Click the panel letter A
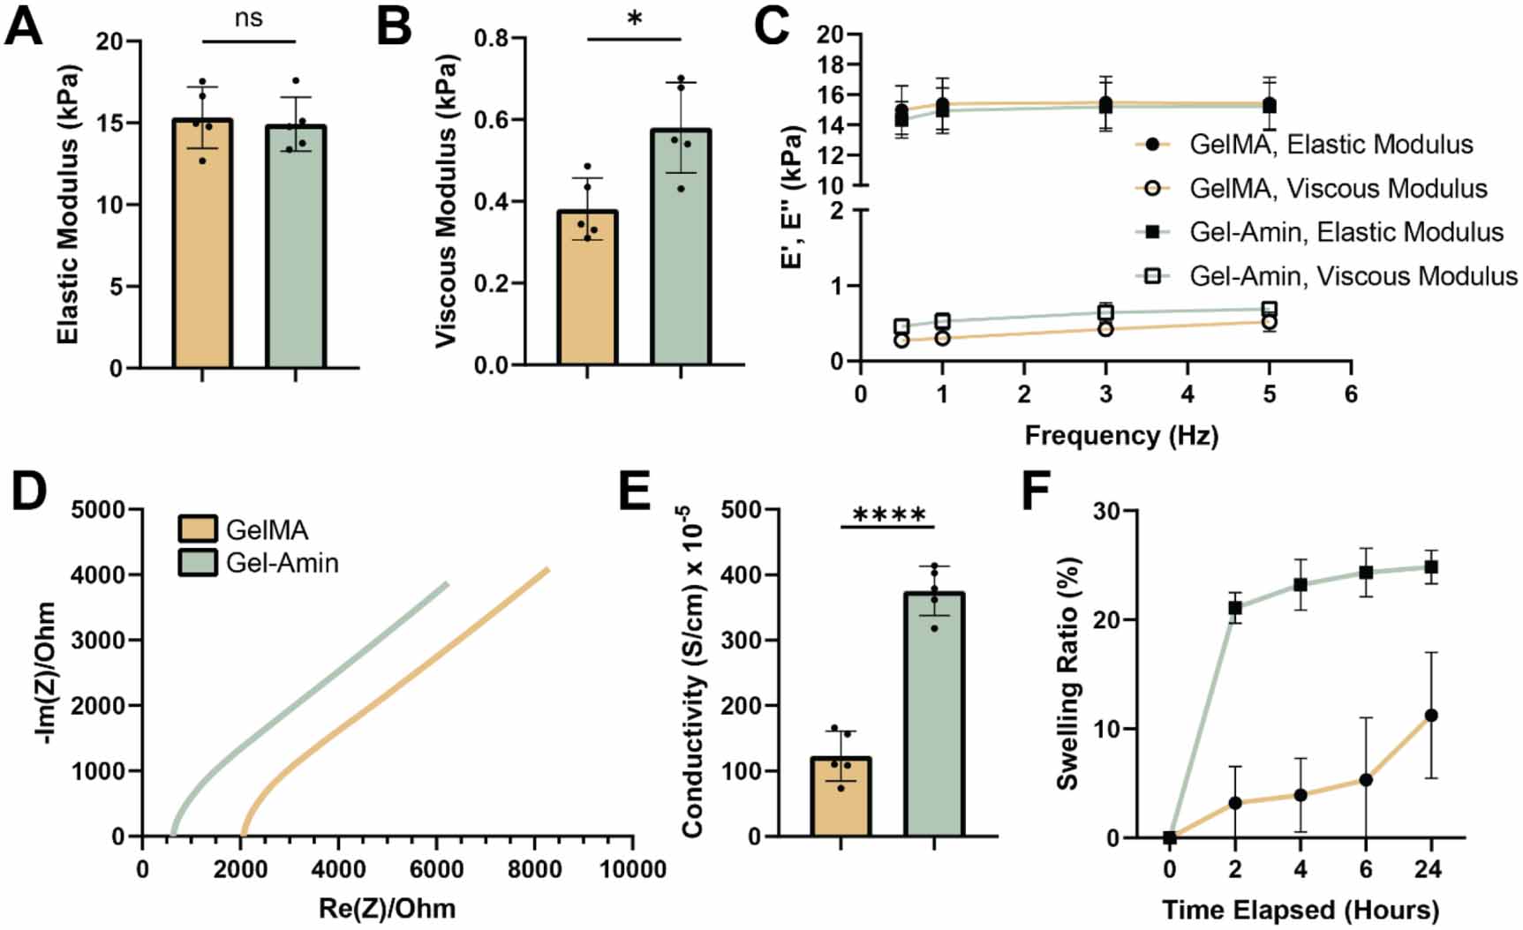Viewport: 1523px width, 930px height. click(24, 26)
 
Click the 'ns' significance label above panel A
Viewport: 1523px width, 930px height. click(249, 18)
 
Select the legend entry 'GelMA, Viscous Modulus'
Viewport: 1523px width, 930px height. click(1338, 188)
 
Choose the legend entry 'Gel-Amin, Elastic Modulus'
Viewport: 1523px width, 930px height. click(1346, 232)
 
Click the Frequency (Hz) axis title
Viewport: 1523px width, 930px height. click(1121, 435)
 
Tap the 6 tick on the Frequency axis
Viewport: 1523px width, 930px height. click(1351, 394)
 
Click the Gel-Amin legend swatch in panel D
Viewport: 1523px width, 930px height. click(198, 563)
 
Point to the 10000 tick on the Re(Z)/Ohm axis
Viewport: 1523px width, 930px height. click(631, 869)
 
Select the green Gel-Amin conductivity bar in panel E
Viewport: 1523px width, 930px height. click(934, 715)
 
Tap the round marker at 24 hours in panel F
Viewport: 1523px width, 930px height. click(1430, 716)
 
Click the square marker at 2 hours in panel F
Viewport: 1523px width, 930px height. click(1235, 608)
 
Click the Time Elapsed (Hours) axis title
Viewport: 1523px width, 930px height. click(1300, 910)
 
